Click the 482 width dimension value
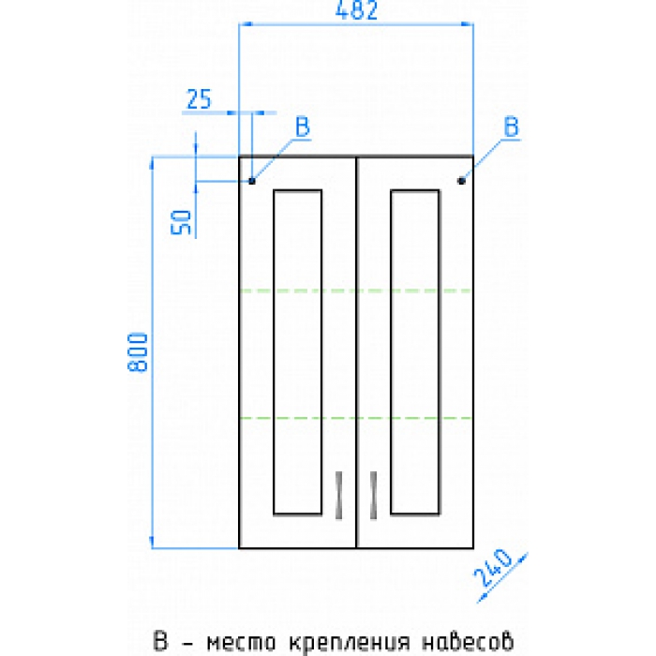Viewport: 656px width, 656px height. pyautogui.click(x=356, y=10)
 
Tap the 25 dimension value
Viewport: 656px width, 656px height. pyautogui.click(x=199, y=99)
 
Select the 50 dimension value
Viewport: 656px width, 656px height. pyautogui.click(x=181, y=222)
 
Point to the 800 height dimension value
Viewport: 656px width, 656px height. pyautogui.click(x=138, y=352)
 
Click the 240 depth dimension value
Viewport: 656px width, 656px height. pyautogui.click(x=493, y=567)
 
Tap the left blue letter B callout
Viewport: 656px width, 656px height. pyautogui.click(x=303, y=127)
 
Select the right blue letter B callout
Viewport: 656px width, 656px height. pyautogui.click(x=512, y=127)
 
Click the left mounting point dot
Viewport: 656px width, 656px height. pyautogui.click(x=252, y=181)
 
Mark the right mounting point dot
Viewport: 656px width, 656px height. pyautogui.click(x=461, y=181)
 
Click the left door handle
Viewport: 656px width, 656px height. pyautogui.click(x=339, y=496)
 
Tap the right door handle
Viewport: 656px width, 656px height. pyautogui.click(x=374, y=496)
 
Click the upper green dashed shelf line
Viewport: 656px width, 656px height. pyautogui.click(x=356, y=291)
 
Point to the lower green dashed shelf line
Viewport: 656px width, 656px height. pyautogui.click(x=356, y=418)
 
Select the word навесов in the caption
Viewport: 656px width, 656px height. pyautogui.click(x=468, y=641)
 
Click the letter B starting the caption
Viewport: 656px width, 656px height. pyautogui.click(x=160, y=640)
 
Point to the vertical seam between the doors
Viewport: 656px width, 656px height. pyautogui.click(x=356, y=352)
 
